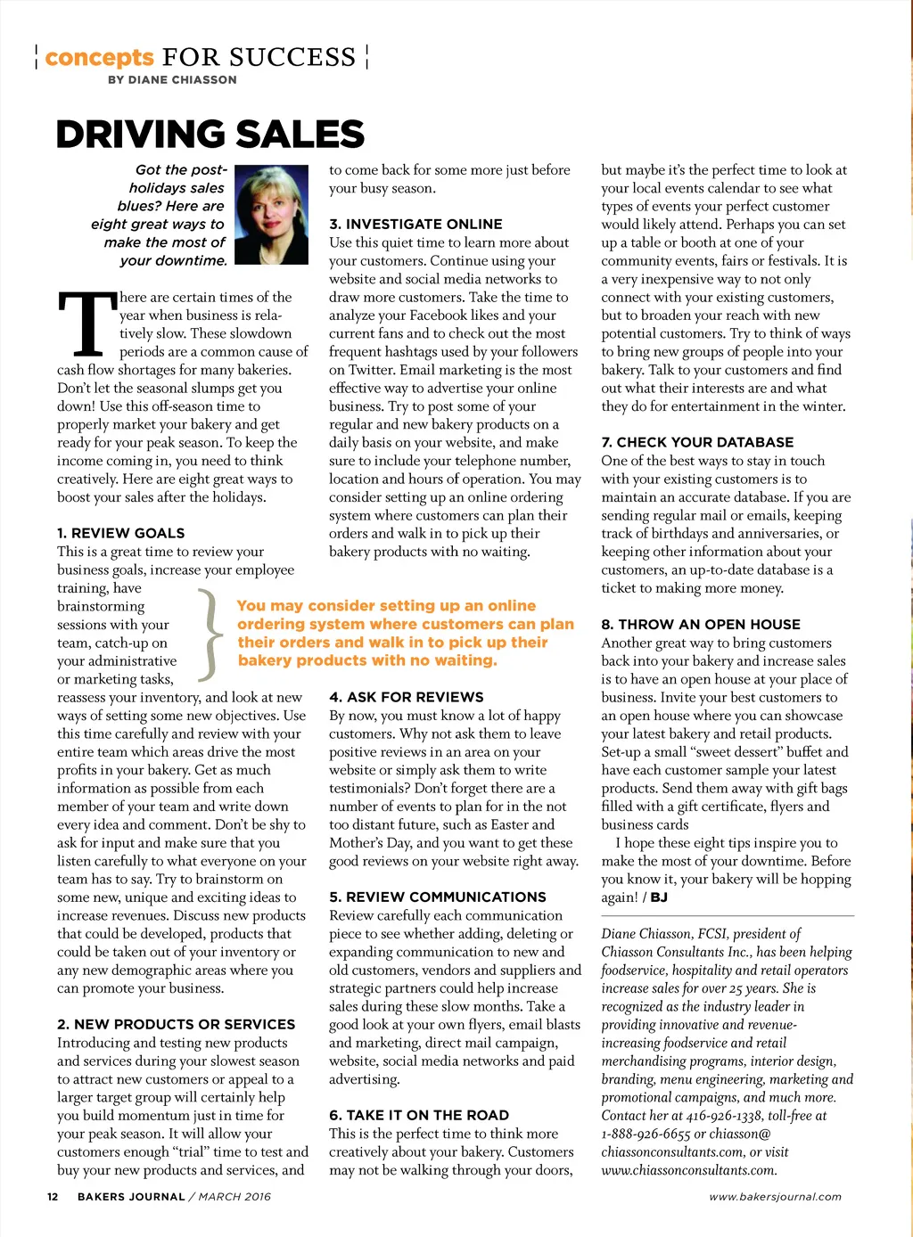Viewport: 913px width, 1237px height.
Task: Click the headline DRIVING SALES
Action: point(210,135)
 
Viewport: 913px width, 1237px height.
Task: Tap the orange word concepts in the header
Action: point(99,58)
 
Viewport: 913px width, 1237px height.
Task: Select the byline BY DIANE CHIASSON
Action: point(172,79)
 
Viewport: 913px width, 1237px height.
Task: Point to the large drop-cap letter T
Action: point(86,323)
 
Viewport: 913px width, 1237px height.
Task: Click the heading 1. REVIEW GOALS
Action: point(120,533)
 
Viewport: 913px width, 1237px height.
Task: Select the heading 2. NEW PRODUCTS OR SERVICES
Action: point(176,1024)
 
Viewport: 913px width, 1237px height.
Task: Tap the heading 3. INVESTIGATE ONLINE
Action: point(415,224)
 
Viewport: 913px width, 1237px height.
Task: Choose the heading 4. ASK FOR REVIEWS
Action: point(406,697)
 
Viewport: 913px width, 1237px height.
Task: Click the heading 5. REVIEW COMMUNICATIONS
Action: point(437,897)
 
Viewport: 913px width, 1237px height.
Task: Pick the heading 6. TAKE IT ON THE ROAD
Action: point(419,1115)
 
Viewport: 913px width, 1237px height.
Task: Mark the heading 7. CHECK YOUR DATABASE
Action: point(697,442)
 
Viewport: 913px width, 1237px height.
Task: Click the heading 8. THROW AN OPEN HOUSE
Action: point(701,624)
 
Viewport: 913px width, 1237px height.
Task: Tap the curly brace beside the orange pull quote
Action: point(210,634)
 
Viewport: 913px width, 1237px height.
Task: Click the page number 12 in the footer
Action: point(53,1197)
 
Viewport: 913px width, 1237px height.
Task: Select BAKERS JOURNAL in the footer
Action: point(131,1197)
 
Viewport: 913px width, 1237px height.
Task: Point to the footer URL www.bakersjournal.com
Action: point(775,1197)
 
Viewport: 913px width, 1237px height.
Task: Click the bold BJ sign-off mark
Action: point(659,897)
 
